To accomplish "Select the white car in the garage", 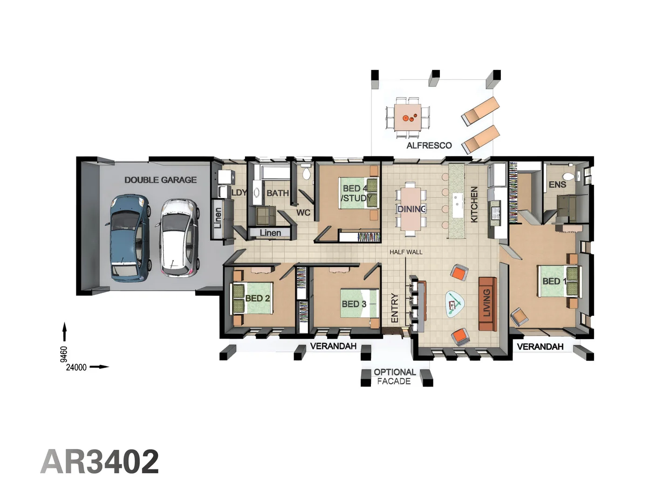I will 180,238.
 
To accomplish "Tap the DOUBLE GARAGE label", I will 160,180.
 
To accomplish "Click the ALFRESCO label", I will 429,145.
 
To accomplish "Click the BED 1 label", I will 554,281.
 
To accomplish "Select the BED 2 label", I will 257,298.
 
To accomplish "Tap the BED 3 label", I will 354,304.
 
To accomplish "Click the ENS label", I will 557,185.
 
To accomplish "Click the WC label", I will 303,213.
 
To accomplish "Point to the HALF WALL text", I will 406,252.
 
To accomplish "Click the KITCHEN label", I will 474,204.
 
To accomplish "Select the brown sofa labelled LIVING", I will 487,304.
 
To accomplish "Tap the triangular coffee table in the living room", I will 454,304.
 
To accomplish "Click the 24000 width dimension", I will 76,367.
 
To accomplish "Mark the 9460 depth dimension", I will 64,354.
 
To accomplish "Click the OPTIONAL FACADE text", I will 394,377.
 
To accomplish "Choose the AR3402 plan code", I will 100,462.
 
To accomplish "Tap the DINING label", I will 411,209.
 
